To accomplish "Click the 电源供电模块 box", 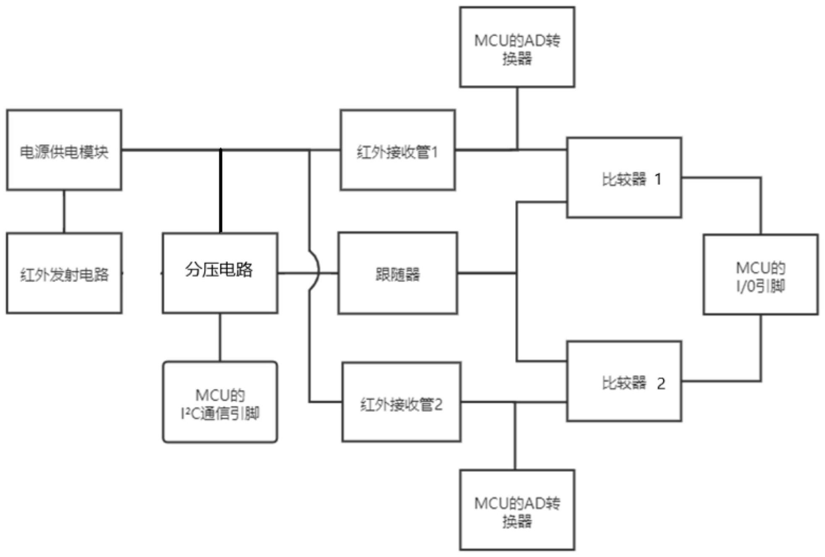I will (64, 150).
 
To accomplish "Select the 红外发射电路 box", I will (64, 273).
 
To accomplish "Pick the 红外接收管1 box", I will (397, 150).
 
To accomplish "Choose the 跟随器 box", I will (397, 273).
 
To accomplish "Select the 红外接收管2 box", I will (401, 402).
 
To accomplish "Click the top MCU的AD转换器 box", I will (517, 47).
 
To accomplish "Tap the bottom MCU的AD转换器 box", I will (517, 509).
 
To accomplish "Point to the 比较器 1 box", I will (624, 177).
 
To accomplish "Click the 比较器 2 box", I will (624, 381).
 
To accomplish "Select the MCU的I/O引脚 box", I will (760, 275).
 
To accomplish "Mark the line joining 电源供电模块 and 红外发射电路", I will (64, 211).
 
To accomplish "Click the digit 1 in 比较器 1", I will (658, 180).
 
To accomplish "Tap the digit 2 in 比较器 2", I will (661, 383).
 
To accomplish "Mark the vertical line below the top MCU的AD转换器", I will (517, 118).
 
